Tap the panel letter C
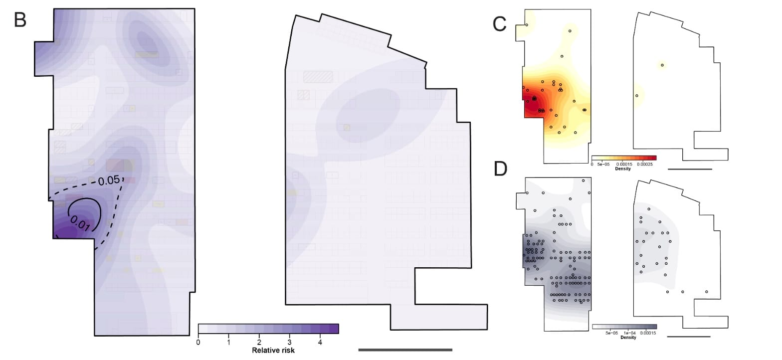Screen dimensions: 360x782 click(x=500, y=23)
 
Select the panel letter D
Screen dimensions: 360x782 click(x=500, y=169)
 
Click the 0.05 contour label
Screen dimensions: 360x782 click(x=108, y=180)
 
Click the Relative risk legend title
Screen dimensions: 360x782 click(x=273, y=351)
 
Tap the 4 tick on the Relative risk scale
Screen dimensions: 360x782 click(x=320, y=343)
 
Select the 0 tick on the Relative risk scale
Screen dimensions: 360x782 click(x=198, y=343)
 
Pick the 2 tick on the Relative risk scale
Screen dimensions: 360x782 click(x=259, y=343)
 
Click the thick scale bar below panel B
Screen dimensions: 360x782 click(x=405, y=350)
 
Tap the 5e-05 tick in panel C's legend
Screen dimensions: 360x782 click(x=602, y=163)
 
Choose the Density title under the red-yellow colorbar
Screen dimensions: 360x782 click(x=623, y=169)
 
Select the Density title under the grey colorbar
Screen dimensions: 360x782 click(x=624, y=338)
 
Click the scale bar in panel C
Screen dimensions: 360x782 click(x=689, y=169)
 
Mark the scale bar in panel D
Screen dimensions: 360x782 click(x=688, y=337)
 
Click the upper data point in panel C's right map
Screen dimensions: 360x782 click(x=662, y=65)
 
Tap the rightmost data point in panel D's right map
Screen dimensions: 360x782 click(x=707, y=292)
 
